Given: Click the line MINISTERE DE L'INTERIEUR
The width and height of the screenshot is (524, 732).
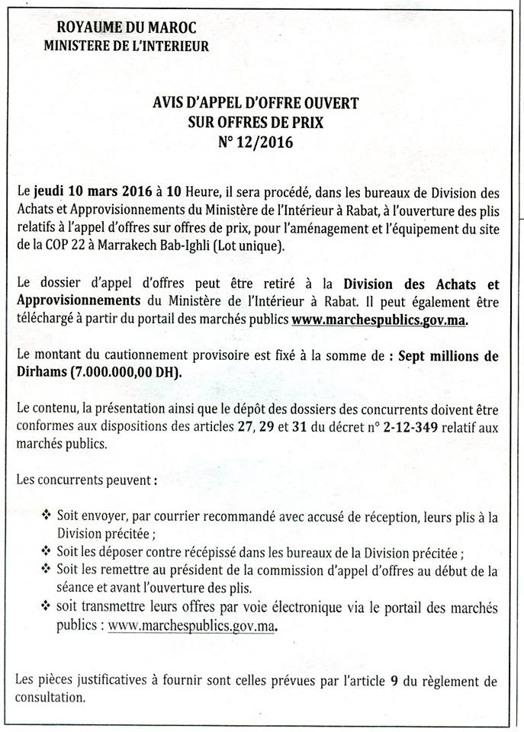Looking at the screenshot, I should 126,46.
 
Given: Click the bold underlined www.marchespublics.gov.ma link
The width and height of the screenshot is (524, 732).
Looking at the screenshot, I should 378,321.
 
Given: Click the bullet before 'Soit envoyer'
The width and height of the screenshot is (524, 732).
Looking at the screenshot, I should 48,516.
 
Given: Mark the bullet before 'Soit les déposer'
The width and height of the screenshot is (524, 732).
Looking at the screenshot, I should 48,551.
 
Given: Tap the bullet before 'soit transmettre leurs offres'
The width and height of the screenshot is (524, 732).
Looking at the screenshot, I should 48,607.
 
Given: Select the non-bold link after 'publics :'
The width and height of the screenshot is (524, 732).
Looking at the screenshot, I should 191,625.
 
